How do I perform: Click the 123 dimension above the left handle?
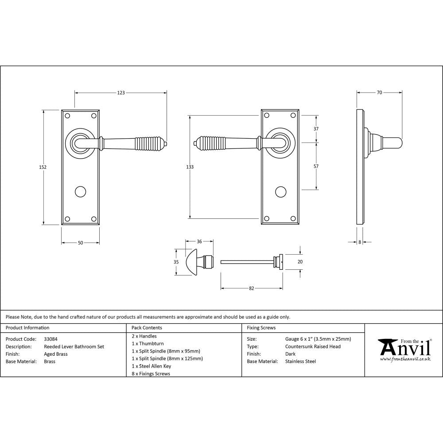coord(121,93)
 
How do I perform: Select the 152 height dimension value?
coord(43,167)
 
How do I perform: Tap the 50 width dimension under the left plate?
coord(80,243)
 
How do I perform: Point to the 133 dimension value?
coord(190,167)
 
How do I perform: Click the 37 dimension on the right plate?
coord(316,129)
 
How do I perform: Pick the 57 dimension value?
coord(316,166)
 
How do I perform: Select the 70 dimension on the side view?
coord(379,93)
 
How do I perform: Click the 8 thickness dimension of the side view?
coord(360,242)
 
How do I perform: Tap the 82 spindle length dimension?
coord(252,288)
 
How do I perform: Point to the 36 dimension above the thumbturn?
coord(199,241)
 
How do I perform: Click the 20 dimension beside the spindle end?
coord(300,262)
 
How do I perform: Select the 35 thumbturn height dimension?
coord(176,262)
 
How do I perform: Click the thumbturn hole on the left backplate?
coord(80,191)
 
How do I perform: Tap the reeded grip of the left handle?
coord(151,143)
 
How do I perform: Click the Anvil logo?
coord(404,350)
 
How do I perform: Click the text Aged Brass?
coord(55,354)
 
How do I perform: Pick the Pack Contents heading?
coord(147,328)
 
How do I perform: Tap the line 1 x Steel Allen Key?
coord(152,366)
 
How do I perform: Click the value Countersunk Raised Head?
coord(313,346)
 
